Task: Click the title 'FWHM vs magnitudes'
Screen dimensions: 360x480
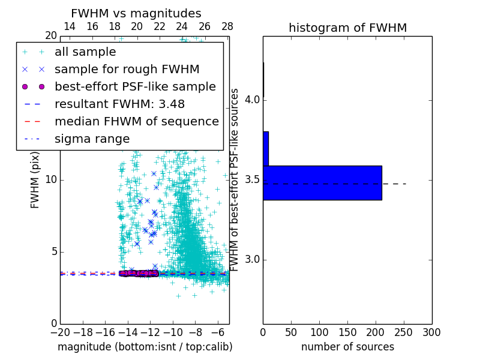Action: (x=136, y=13)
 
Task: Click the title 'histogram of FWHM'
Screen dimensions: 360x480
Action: (x=347, y=28)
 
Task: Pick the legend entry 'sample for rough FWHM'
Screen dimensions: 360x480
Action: (x=127, y=70)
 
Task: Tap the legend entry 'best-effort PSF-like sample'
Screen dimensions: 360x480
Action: (x=135, y=87)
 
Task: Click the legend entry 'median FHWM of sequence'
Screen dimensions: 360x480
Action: (x=136, y=122)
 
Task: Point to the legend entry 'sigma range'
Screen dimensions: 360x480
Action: (x=92, y=139)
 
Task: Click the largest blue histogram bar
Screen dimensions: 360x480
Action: (x=322, y=182)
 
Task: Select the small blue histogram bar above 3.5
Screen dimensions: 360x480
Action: (x=266, y=148)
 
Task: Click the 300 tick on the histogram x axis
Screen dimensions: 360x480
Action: (x=431, y=332)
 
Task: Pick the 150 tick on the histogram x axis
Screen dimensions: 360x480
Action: (x=347, y=332)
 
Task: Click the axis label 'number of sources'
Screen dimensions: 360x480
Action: (x=347, y=347)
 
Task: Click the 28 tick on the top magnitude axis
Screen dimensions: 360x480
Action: (x=227, y=26)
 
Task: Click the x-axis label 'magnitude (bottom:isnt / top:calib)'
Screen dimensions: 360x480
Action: (x=145, y=347)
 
